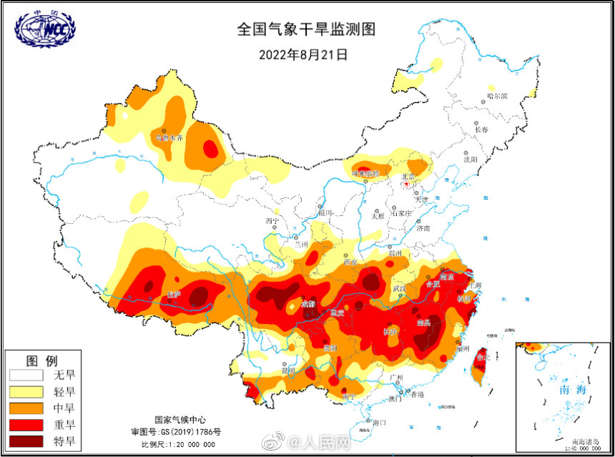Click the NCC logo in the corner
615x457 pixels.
coord(44,28)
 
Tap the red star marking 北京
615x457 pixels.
coord(406,184)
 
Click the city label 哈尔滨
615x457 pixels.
coord(496,96)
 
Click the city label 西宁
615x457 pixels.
coord(272,220)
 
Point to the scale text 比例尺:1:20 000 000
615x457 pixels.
coord(178,443)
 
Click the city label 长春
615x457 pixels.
coord(481,130)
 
